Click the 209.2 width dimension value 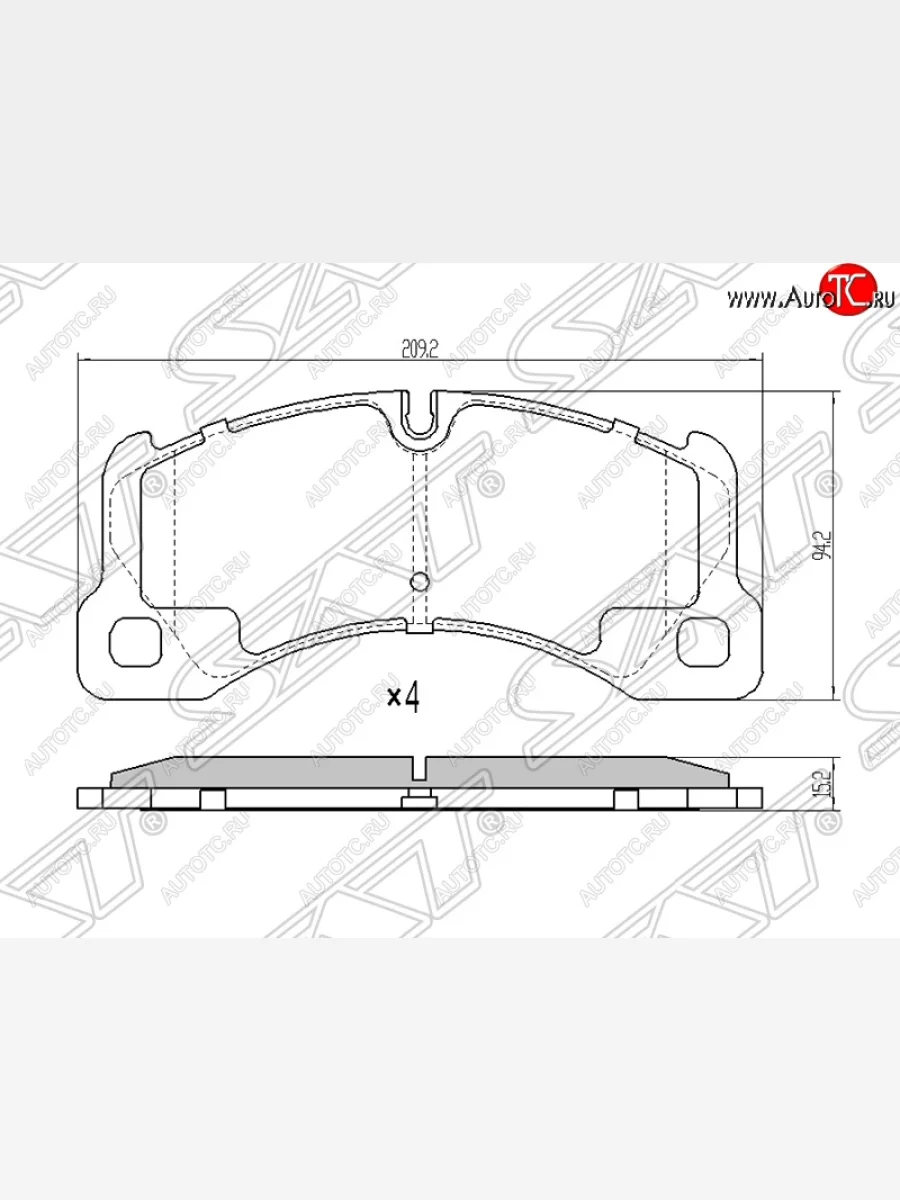click(420, 349)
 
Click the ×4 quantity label click(402, 697)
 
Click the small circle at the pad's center click(420, 582)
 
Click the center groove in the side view click(420, 768)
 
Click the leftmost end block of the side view click(90, 797)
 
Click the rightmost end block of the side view click(750, 797)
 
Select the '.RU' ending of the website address click(881, 299)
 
